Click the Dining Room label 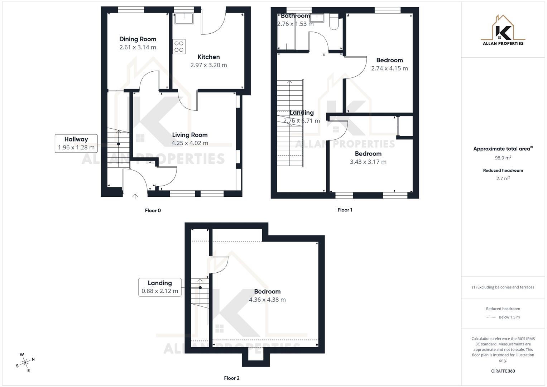[x=138, y=39]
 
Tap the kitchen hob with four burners [x=179, y=47]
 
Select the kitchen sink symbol [x=184, y=18]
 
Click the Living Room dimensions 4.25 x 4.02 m [x=189, y=143]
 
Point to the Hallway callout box [x=76, y=143]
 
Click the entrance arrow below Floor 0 [x=135, y=196]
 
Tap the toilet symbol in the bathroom [x=334, y=22]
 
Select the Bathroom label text [x=295, y=16]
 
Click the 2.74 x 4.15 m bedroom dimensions [x=389, y=68]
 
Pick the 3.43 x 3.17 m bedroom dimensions [x=368, y=162]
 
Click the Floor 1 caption [x=345, y=210]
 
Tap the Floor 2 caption [x=231, y=378]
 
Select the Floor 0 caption [x=153, y=211]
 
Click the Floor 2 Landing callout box [x=160, y=287]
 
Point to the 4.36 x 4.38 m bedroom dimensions [x=267, y=300]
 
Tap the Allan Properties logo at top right [x=503, y=31]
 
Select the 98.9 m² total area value [x=503, y=158]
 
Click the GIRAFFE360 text [x=503, y=371]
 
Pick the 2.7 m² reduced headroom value [x=503, y=178]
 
